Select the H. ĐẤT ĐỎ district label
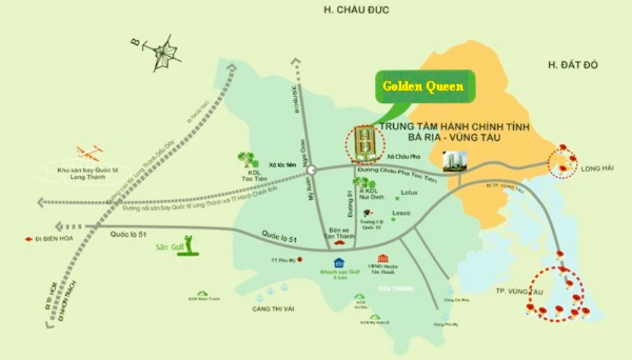[573, 64]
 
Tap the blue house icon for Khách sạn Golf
[339, 261]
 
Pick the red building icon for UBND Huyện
[382, 259]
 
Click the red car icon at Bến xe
[339, 240]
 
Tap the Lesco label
[401, 213]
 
